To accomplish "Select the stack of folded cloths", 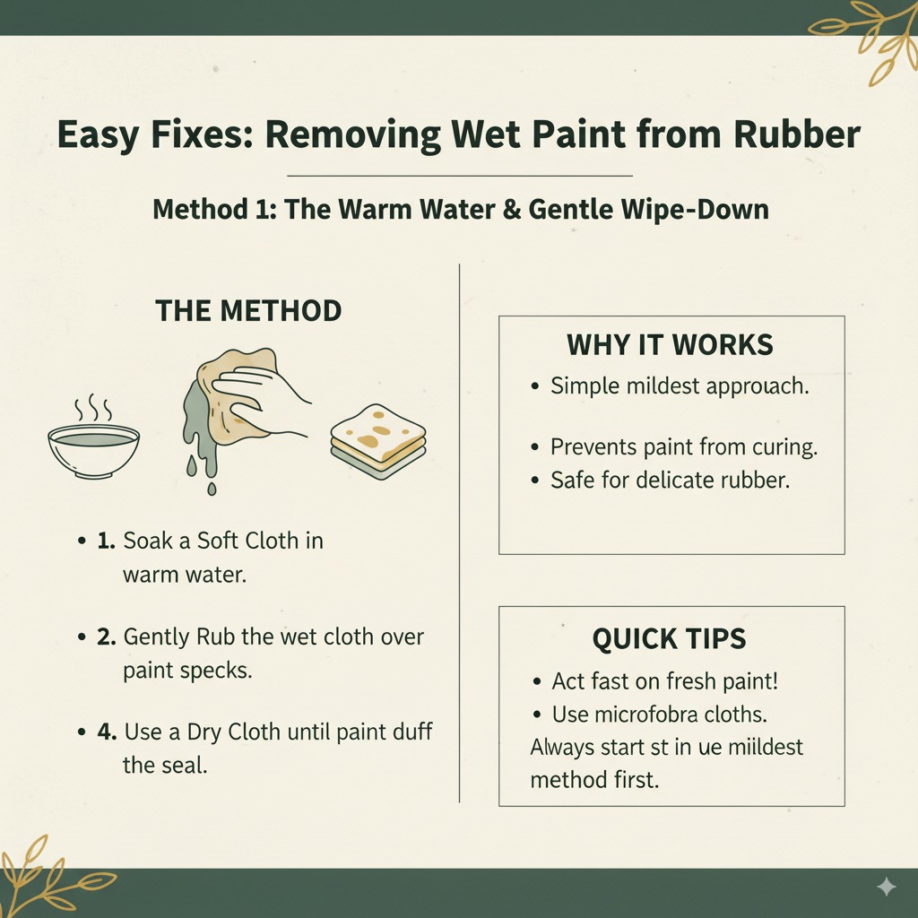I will click(x=378, y=441).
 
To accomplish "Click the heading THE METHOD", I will click(x=248, y=311).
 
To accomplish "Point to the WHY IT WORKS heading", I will click(x=670, y=345).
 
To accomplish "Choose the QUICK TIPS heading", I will click(x=669, y=638).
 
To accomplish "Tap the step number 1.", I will click(x=108, y=541).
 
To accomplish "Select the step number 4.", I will click(x=108, y=732).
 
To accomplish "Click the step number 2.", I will click(x=108, y=637).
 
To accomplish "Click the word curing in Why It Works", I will click(x=785, y=446).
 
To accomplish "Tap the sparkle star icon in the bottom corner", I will click(x=886, y=887).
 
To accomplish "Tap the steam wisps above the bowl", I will click(x=92, y=408).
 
